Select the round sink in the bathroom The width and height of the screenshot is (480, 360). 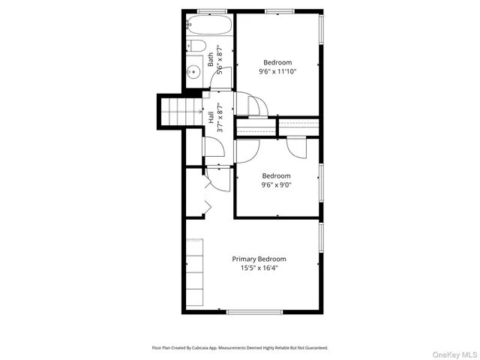click(193, 73)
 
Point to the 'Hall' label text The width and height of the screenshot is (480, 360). click(211, 118)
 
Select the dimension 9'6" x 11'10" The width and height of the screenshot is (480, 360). click(277, 72)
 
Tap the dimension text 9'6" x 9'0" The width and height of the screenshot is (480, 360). click(277, 184)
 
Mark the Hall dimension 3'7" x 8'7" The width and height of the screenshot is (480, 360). click(220, 118)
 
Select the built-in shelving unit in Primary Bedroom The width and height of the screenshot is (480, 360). click(195, 273)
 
